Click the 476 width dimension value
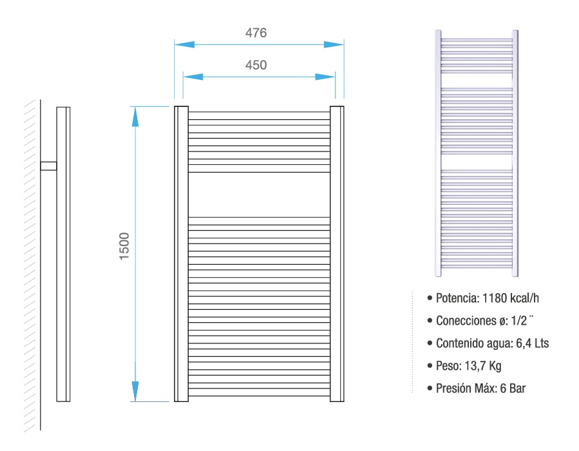click(x=256, y=33)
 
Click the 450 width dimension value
click(x=256, y=65)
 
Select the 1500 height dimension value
click(x=124, y=246)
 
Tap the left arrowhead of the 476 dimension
click(x=185, y=44)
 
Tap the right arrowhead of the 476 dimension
click(x=334, y=44)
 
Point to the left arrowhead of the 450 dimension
click(x=193, y=77)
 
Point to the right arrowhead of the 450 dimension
click(x=325, y=77)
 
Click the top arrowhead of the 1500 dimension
click(x=135, y=117)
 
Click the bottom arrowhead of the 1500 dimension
click(x=135, y=391)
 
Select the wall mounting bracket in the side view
click(x=48, y=166)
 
